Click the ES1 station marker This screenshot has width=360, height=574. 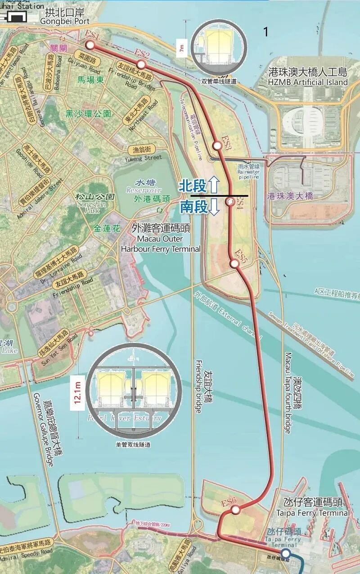pos(90,45)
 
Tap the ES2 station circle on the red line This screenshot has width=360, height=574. pos(141,64)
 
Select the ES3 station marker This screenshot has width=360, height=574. pos(217,145)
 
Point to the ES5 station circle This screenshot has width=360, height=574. pos(234,263)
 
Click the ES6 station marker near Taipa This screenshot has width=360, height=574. pos(235,510)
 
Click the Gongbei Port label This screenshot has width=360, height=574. pos(65,17)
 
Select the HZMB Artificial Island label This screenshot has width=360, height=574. pos(308,77)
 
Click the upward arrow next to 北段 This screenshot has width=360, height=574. pos(214,185)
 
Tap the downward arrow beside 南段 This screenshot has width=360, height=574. pos(214,207)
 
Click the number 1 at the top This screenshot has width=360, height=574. pos(266,32)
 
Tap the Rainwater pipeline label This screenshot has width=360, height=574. pos(248,172)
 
